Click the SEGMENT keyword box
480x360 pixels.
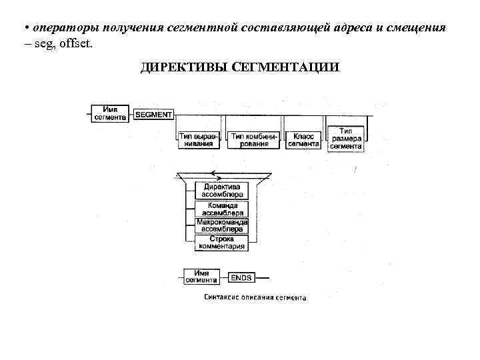[x=153, y=115]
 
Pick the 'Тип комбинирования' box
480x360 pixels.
[x=254, y=139]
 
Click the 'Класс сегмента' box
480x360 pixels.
[x=303, y=139]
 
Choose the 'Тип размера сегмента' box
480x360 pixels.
[x=345, y=139]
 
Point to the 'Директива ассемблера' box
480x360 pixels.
[x=221, y=190]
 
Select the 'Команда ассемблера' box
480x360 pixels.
[x=221, y=209]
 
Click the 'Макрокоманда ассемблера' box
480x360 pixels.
[x=221, y=226]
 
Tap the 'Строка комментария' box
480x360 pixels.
[x=221, y=243]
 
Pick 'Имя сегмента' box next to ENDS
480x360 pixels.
[x=203, y=276]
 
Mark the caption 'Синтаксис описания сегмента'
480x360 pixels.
[x=254, y=298]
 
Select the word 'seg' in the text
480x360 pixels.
[x=37, y=44]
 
